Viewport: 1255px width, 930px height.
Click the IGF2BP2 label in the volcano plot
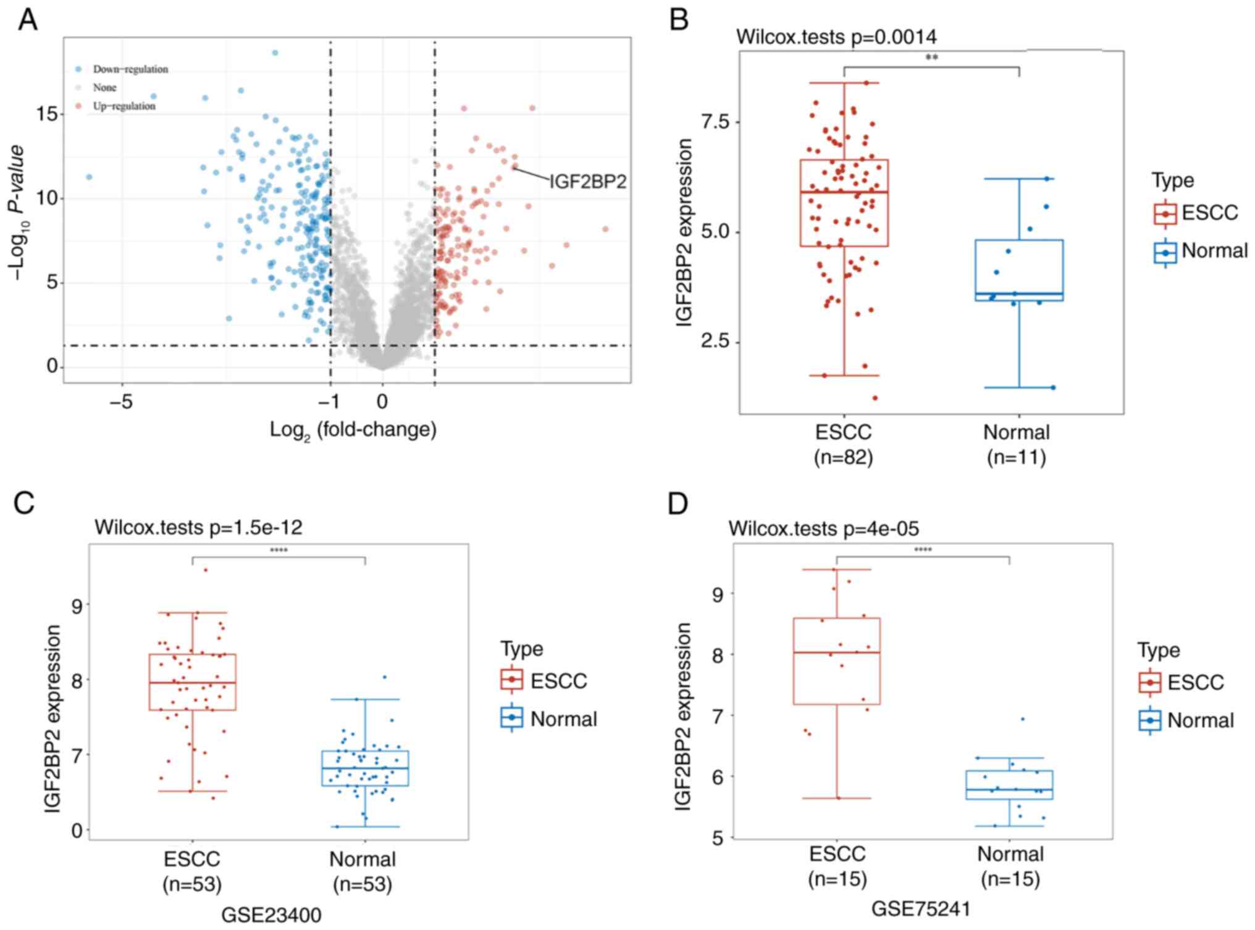point(587,181)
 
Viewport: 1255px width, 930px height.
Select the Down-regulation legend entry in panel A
point(130,69)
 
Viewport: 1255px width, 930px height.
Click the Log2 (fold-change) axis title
point(353,429)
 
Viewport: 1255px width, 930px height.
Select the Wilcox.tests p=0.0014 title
point(836,37)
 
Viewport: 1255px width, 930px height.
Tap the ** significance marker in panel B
point(932,58)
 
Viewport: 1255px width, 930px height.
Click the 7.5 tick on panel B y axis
point(716,122)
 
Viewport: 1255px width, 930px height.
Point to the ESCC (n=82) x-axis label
point(843,444)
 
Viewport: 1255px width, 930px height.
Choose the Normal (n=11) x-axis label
point(1016,444)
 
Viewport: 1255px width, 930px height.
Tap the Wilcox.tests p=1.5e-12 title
point(198,527)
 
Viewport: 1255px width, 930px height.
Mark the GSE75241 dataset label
point(921,909)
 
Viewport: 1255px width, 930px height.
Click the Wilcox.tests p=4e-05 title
point(823,529)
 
